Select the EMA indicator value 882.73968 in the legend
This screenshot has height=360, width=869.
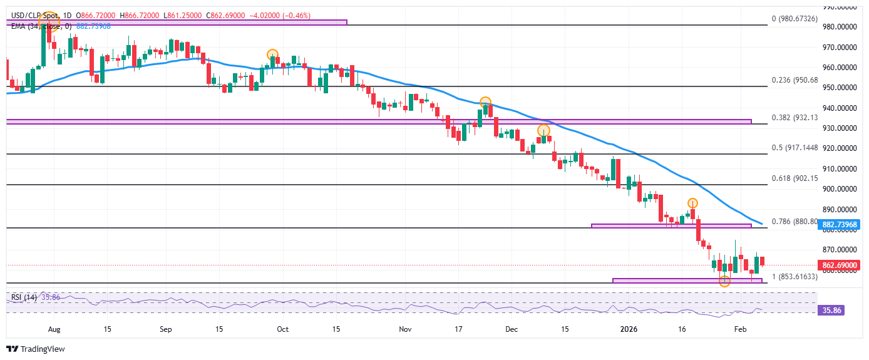pos(94,26)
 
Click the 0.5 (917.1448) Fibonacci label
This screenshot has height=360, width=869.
pos(795,148)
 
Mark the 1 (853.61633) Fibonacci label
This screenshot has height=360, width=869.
pos(795,277)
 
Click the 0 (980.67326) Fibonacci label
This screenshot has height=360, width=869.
pos(795,19)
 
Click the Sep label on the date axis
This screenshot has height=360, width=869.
pos(166,329)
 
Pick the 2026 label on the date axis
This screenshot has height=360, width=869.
pos(627,329)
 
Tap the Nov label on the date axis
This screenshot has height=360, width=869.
pos(405,329)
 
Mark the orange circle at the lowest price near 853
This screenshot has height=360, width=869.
pos(724,282)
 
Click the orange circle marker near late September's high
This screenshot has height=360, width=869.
pos(272,54)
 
